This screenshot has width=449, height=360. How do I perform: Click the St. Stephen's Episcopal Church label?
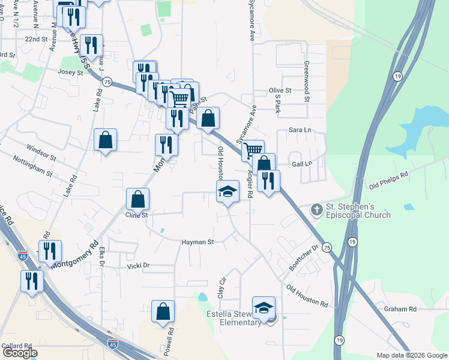point(358,211)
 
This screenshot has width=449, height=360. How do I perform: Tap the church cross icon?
point(316,210)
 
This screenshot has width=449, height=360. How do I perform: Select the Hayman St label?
point(198,242)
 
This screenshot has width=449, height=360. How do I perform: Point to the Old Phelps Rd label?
point(388,179)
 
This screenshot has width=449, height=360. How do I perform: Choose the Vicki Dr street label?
point(138,265)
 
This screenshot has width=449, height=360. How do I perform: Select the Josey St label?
point(70,72)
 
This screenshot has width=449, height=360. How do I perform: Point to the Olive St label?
point(280,91)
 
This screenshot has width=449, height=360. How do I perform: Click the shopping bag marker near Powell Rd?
point(163,311)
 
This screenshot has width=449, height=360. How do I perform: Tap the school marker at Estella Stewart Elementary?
point(263,308)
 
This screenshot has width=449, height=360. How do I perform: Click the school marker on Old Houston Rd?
point(228,191)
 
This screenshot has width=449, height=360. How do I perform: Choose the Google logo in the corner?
point(20,353)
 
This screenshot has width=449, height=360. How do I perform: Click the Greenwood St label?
point(307,82)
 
